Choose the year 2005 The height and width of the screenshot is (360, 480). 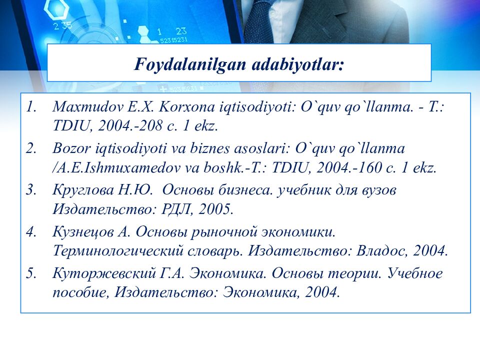click(x=214, y=209)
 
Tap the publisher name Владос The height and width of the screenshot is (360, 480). click(x=385, y=250)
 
